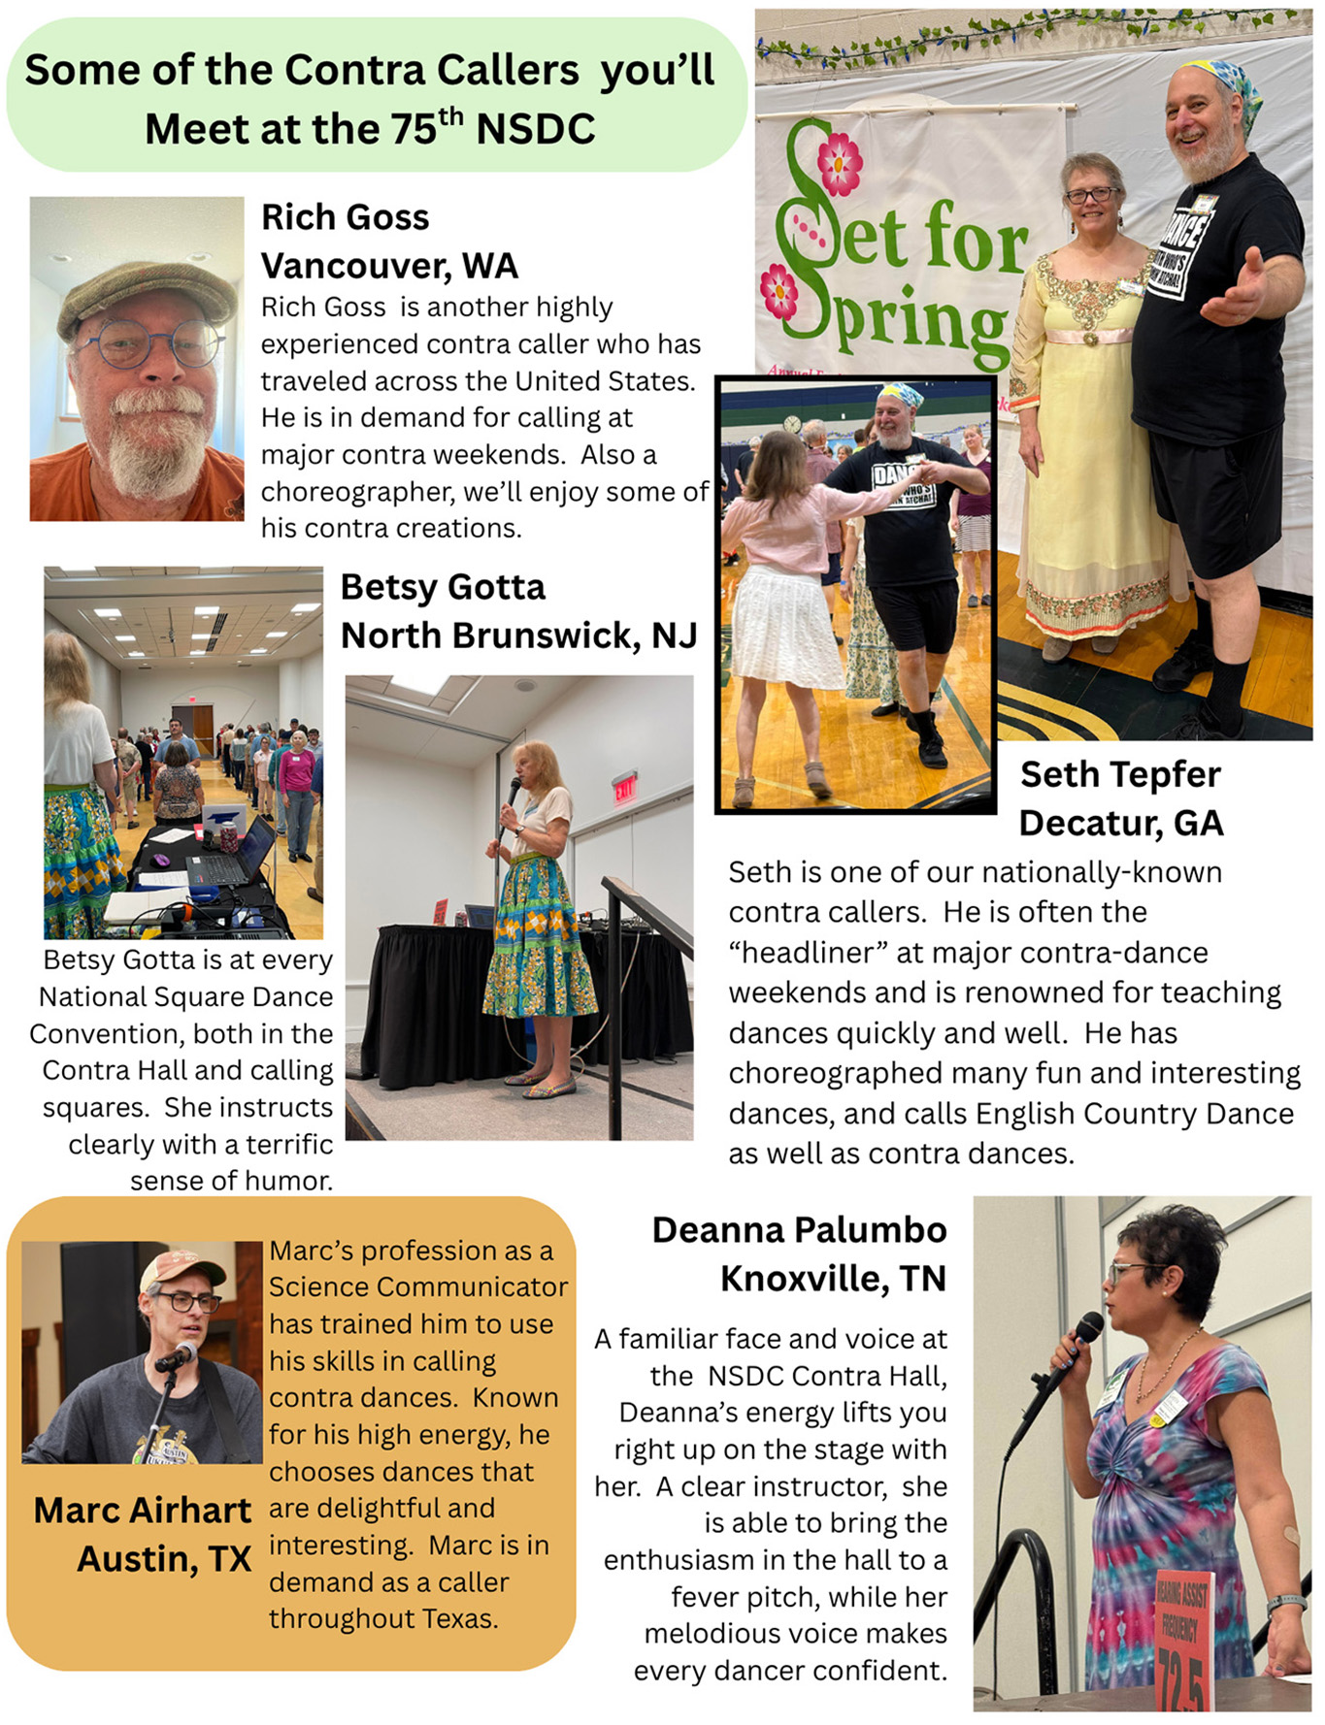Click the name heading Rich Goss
[345, 217]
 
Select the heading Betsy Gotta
[443, 587]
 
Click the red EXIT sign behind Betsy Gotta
[623, 787]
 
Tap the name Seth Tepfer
[1120, 774]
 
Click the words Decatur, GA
[1120, 823]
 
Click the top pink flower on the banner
[839, 163]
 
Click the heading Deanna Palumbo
[799, 1229]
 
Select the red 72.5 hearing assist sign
[1182, 1640]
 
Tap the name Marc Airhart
[143, 1510]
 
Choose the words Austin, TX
[164, 1558]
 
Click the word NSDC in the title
[535, 129]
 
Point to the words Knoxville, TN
[833, 1278]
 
